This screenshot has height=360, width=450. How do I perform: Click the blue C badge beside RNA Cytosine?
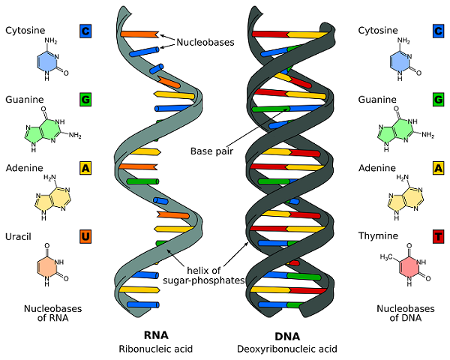[x=86, y=31]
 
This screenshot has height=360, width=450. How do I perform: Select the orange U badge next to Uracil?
[x=86, y=237]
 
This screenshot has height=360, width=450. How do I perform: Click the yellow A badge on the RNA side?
[x=86, y=168]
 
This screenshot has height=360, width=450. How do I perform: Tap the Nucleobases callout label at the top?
[x=205, y=43]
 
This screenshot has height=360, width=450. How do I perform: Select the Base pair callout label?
[x=211, y=150]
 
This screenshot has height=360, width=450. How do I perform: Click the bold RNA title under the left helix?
[x=155, y=334]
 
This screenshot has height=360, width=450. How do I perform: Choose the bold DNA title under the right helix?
[x=286, y=334]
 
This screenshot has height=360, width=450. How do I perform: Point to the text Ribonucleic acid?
[x=155, y=349]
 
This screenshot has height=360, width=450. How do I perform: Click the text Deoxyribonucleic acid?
[x=286, y=349]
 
